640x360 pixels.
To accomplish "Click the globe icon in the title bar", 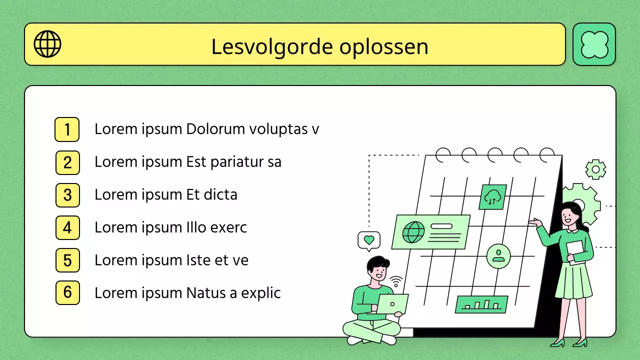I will tap(47, 44).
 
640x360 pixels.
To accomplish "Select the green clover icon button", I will tap(594, 44).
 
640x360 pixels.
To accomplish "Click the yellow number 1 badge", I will tap(67, 129).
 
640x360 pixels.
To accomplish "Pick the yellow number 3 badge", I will tap(67, 195).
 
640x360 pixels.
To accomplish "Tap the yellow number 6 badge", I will tap(67, 293).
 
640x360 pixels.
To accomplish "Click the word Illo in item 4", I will tap(196, 227).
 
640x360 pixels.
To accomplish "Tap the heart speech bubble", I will tap(369, 240).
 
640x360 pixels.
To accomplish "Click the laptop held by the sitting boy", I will tap(392, 304).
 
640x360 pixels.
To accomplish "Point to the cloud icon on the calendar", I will tap(492, 197).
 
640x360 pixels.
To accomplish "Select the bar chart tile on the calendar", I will tap(481, 304).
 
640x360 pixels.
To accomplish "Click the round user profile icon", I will tap(498, 256).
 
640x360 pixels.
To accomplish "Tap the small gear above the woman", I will tap(595, 169).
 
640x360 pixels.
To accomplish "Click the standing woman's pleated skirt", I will tap(573, 280).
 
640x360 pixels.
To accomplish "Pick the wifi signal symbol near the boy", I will tap(396, 282).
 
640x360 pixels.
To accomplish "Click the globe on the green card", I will tap(413, 232).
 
